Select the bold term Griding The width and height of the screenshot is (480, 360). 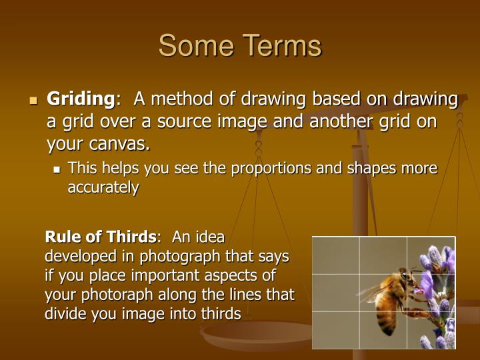coord(80,99)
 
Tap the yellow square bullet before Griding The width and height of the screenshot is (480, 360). coord(34,101)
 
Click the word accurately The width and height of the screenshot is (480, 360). coord(103,187)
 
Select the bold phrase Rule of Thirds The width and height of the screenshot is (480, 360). coord(100,237)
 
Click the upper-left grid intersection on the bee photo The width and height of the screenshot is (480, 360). coord(360,274)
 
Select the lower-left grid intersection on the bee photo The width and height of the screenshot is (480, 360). coord(360,311)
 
